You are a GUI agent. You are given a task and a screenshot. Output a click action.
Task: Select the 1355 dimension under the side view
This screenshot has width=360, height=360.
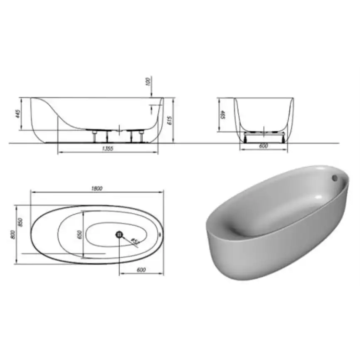coord(107,148)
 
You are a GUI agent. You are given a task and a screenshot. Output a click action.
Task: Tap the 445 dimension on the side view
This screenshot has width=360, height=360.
coord(17,113)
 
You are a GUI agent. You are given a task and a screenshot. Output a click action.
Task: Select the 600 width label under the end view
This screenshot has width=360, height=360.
coord(263,146)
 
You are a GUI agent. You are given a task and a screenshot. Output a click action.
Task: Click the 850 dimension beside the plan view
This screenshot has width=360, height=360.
coord(19,222)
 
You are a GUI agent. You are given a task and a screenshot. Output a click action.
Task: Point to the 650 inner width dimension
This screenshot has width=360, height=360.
coord(79,234)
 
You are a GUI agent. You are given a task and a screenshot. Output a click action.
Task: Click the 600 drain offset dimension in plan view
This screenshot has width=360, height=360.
coord(141,270)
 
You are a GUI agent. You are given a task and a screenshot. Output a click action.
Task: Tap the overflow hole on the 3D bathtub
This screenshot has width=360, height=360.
coord(334,177)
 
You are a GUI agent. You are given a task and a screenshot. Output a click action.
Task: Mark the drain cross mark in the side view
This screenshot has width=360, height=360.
coord(119,130)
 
